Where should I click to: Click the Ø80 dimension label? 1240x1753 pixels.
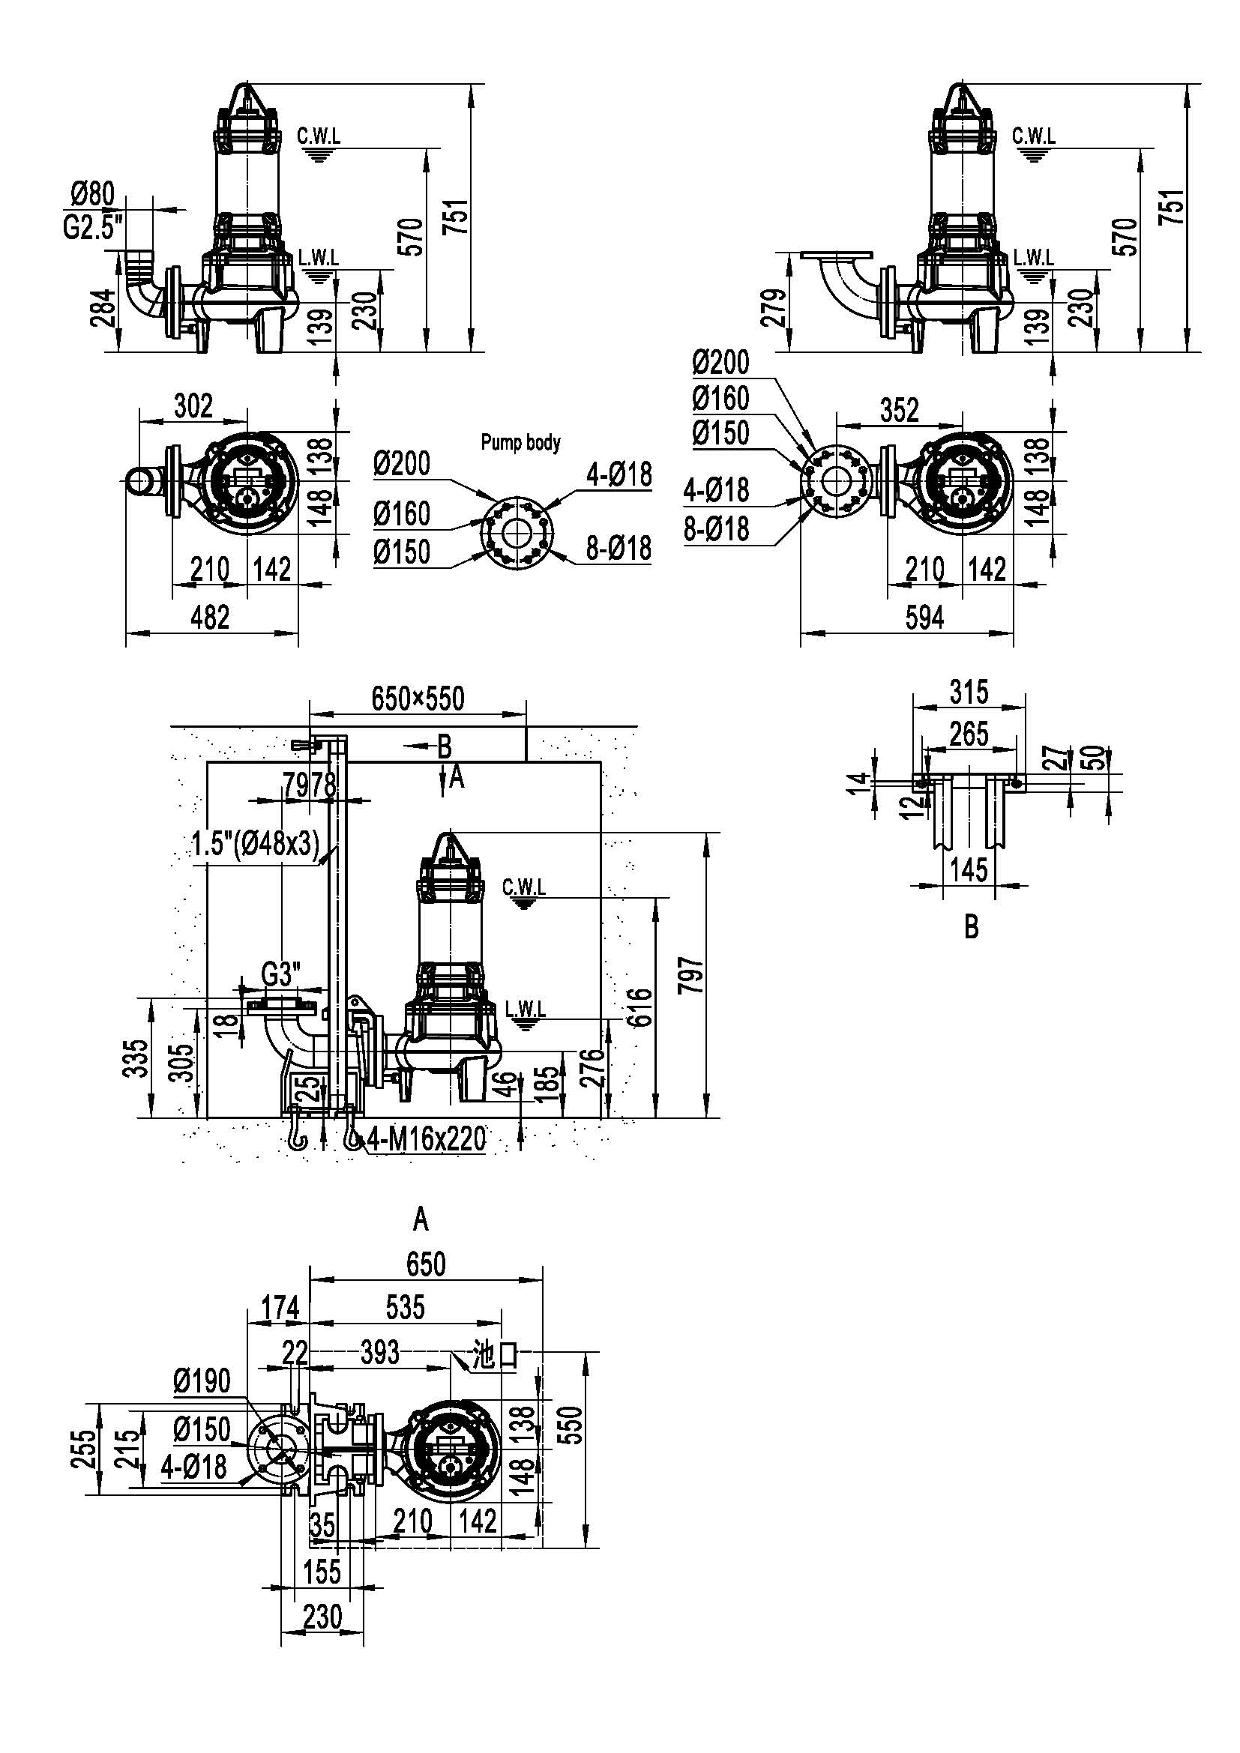pyautogui.click(x=92, y=195)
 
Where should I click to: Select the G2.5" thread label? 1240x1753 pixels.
pyautogui.click(x=93, y=228)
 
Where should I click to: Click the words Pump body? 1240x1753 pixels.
pyautogui.click(x=521, y=442)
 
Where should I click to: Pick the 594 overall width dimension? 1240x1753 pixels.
pyautogui.click(x=924, y=617)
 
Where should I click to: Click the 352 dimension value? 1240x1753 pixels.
pyautogui.click(x=900, y=411)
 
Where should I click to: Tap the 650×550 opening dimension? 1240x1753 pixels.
pyautogui.click(x=418, y=698)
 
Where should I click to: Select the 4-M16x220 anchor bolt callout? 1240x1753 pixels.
pyautogui.click(x=426, y=1139)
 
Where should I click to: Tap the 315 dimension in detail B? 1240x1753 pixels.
pyautogui.click(x=969, y=692)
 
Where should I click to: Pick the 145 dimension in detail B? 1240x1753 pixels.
pyautogui.click(x=969, y=869)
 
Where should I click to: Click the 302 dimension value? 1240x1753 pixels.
pyautogui.click(x=193, y=406)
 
